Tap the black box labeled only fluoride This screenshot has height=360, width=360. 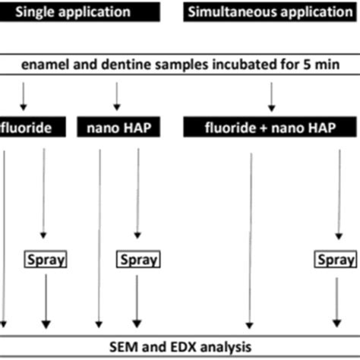(x=27, y=128)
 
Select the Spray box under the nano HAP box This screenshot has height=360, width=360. (x=137, y=261)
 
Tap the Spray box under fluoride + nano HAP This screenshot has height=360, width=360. (x=336, y=261)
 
